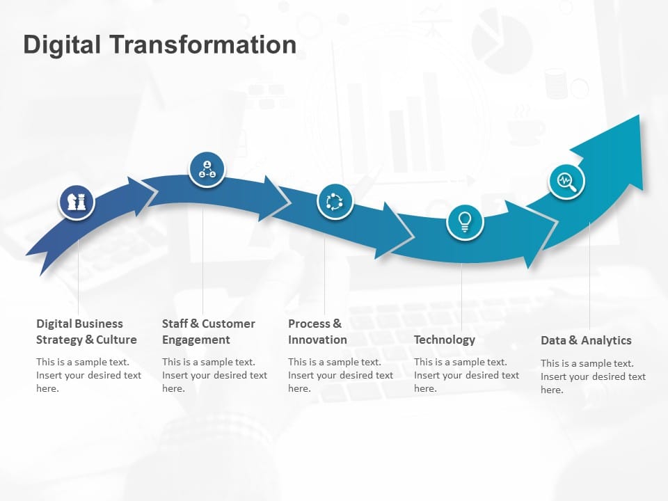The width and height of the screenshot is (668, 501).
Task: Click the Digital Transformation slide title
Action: pyautogui.click(x=160, y=45)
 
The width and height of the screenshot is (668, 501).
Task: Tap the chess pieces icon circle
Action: pyautogui.click(x=76, y=202)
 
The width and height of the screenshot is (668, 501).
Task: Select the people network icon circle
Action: pyautogui.click(x=207, y=169)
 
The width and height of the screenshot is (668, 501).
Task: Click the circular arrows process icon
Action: pyautogui.click(x=335, y=202)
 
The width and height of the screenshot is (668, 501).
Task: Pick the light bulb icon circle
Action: pyautogui.click(x=464, y=222)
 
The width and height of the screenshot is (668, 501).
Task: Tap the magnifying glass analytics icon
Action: pyautogui.click(x=566, y=182)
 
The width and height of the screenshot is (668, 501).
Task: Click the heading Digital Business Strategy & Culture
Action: pyautogui.click(x=86, y=332)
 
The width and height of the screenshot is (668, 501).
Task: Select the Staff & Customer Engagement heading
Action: pyautogui.click(x=208, y=332)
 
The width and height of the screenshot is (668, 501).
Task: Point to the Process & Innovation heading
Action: pyautogui.click(x=317, y=332)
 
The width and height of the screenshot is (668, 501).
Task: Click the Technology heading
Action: pyautogui.click(x=444, y=340)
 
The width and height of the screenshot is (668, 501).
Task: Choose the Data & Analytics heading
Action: pyautogui.click(x=586, y=340)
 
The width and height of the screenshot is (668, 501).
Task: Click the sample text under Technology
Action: pyautogui.click(x=466, y=375)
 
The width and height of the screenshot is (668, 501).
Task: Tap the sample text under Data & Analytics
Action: pyautogui.click(x=593, y=376)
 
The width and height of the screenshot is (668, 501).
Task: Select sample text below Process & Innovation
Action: pyautogui.click(x=340, y=375)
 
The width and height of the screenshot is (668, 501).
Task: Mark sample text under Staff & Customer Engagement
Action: pyautogui.click(x=214, y=375)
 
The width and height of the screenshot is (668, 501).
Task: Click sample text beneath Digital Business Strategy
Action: pyautogui.click(x=88, y=375)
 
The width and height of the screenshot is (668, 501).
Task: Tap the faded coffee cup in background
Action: pyautogui.click(x=524, y=127)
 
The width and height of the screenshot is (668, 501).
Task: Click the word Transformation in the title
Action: pyautogui.click(x=202, y=45)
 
